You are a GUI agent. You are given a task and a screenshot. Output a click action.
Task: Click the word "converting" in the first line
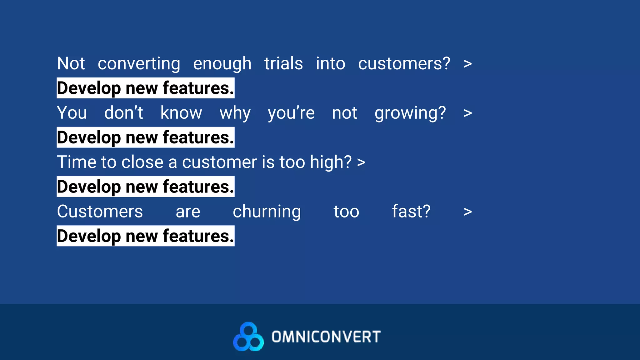139,64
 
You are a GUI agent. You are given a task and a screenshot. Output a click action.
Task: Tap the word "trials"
283,63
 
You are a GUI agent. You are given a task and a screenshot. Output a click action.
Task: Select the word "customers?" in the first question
404,63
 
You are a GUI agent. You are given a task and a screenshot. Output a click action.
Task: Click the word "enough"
222,64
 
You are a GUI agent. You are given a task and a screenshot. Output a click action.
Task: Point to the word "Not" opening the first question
71,63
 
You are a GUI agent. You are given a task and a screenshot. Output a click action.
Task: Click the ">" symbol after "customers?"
467,64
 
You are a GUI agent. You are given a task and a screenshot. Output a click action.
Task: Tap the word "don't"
123,113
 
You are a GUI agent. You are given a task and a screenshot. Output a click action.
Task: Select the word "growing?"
410,113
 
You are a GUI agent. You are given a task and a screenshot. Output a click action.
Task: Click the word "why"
235,113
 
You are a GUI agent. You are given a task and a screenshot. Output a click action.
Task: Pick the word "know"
181,113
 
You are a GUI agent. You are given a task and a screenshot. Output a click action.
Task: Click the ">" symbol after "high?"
361,162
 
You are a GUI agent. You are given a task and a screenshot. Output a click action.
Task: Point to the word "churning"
267,212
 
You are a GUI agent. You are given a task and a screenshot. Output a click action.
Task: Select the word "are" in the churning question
188,212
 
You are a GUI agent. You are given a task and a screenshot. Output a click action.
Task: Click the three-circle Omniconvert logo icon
248,337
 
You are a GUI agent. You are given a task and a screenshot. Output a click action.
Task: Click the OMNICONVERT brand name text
326,337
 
